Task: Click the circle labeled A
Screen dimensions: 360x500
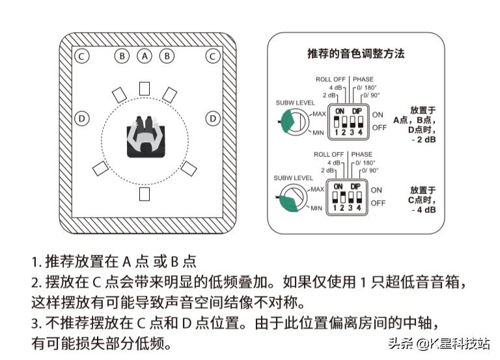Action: (145, 56)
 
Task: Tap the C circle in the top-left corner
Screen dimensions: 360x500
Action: (81, 56)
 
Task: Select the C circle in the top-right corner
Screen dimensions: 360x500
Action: (212, 56)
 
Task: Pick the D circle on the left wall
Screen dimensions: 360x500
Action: (81, 118)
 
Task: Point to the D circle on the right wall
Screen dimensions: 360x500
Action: (212, 118)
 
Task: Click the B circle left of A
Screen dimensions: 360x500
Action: (122, 56)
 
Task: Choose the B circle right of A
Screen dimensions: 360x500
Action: (167, 56)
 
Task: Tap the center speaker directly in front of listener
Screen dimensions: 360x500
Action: (145, 89)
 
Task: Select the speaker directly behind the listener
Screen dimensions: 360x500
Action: (145, 194)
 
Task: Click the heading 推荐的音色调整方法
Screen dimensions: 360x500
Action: (355, 53)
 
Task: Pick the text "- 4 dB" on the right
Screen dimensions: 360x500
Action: (423, 210)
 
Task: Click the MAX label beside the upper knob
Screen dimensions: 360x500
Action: (318, 114)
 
